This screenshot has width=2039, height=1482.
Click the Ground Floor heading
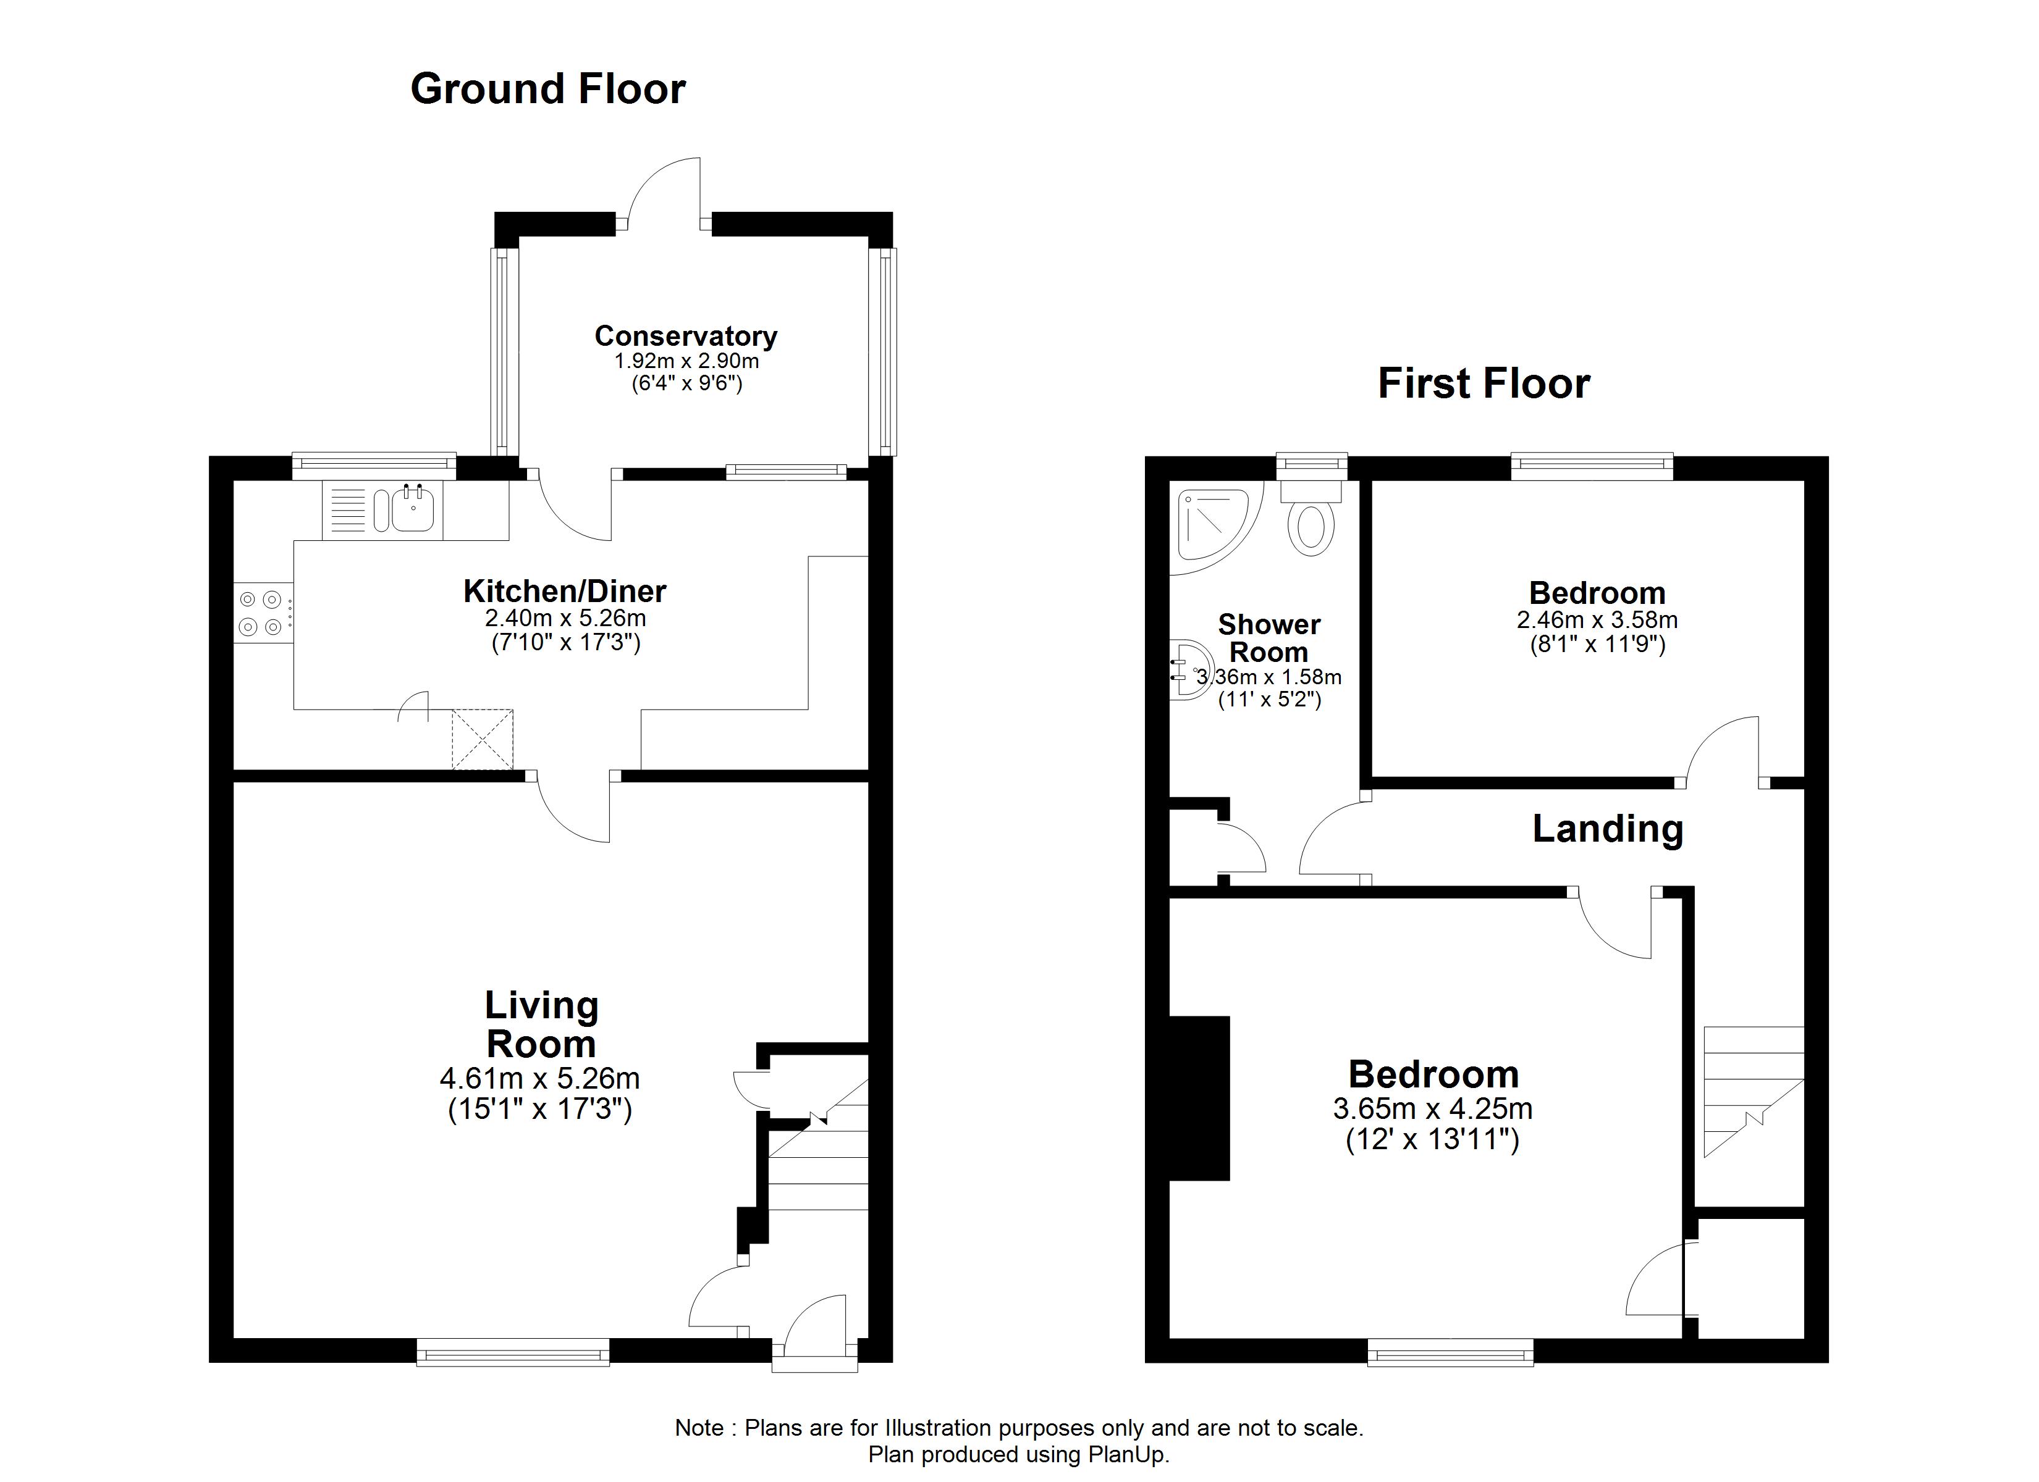547,89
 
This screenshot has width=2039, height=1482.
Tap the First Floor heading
1484,383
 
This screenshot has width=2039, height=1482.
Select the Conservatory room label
685,335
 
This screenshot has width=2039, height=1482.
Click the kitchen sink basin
413,511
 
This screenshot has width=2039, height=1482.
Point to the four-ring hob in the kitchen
261,613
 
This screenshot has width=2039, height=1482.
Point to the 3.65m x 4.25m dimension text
1432,1108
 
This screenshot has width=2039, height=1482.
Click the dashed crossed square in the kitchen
482,739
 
